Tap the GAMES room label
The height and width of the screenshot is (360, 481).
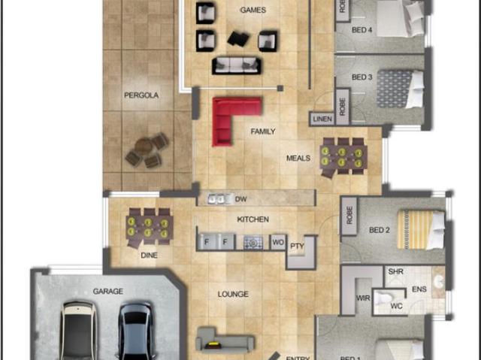point(253,11)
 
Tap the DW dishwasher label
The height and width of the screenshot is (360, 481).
point(241,199)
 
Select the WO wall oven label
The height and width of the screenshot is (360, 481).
point(277,242)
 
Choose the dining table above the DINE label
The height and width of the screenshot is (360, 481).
point(149,226)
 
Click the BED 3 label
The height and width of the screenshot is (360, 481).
point(362,77)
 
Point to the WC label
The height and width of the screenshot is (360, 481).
point(396,306)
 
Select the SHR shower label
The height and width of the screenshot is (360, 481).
point(395,272)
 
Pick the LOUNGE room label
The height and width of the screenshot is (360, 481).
point(233,294)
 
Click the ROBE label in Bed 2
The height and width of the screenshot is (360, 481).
point(350,216)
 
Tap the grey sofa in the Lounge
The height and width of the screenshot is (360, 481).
point(222,342)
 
